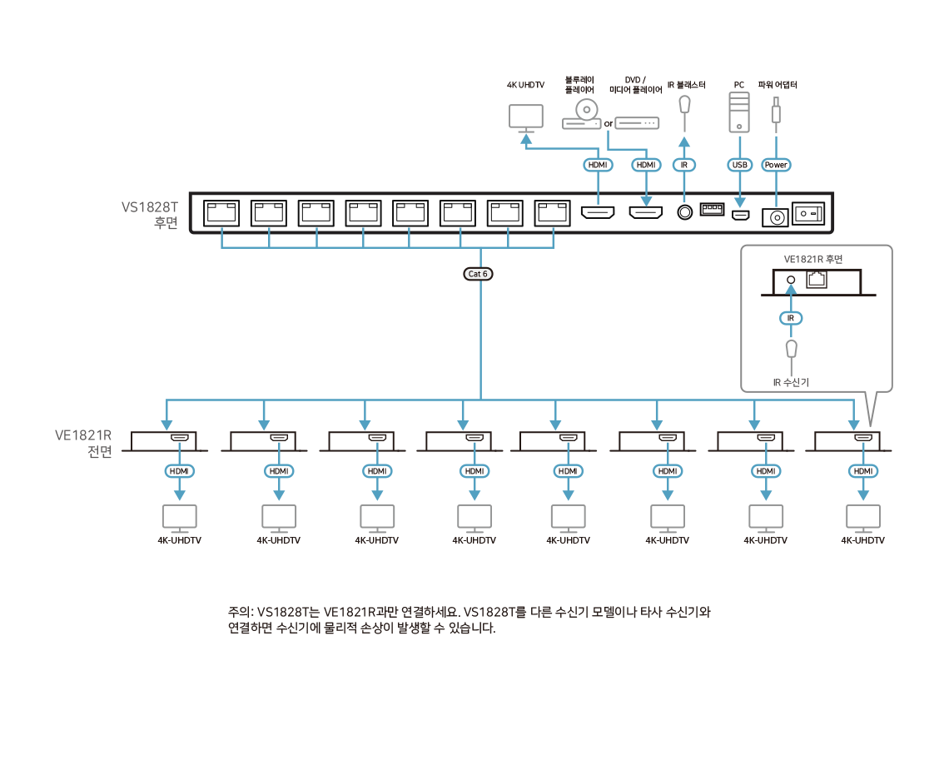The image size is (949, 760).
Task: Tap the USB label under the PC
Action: pyautogui.click(x=740, y=165)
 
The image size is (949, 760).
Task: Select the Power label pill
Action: pyautogui.click(x=776, y=165)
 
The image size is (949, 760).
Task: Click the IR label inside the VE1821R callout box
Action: pyautogui.click(x=792, y=318)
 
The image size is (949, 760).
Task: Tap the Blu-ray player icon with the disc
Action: pyautogui.click(x=583, y=115)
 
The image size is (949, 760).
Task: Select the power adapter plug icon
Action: pyautogui.click(x=776, y=112)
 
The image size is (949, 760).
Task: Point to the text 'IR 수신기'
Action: pyautogui.click(x=791, y=383)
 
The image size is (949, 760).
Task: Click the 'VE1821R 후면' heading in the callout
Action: pyautogui.click(x=812, y=260)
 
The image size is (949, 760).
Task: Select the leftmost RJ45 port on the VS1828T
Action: pyautogui.click(x=221, y=214)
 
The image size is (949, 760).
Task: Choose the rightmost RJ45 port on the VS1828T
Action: pyautogui.click(x=553, y=214)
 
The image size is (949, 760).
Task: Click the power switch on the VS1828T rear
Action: pyautogui.click(x=809, y=214)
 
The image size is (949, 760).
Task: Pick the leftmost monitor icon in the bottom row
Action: pyautogui.click(x=179, y=518)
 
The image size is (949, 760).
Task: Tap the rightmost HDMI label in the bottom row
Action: pyautogui.click(x=863, y=471)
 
